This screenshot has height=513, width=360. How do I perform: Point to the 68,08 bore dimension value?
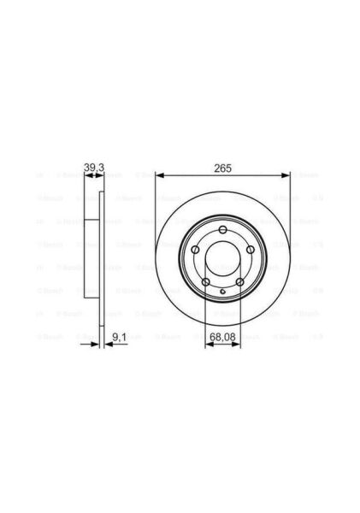pyautogui.click(x=224, y=340)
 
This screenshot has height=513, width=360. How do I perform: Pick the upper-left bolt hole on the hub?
pyautogui.click(x=197, y=249)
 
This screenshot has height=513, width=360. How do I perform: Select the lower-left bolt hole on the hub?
pyautogui.click(x=207, y=280)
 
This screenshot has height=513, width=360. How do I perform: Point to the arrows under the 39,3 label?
pyautogui.click(x=94, y=176)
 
